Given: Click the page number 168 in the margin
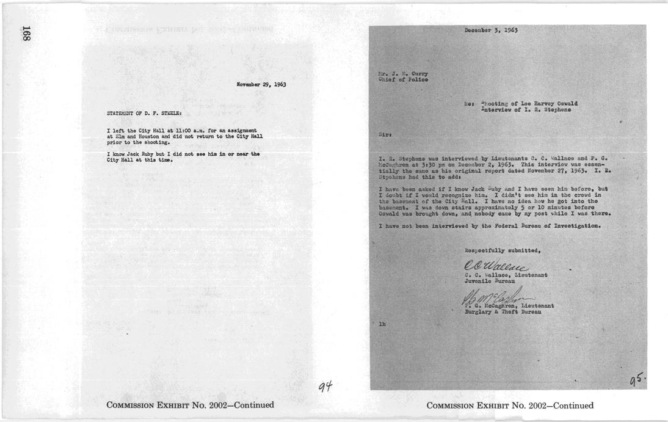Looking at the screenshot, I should coord(26,33).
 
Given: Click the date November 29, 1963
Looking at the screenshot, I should coord(261,84).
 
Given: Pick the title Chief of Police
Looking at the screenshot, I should coord(403,79).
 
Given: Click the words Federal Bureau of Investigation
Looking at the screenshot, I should coord(543,226).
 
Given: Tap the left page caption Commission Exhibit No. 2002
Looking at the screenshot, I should coord(189,405).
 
